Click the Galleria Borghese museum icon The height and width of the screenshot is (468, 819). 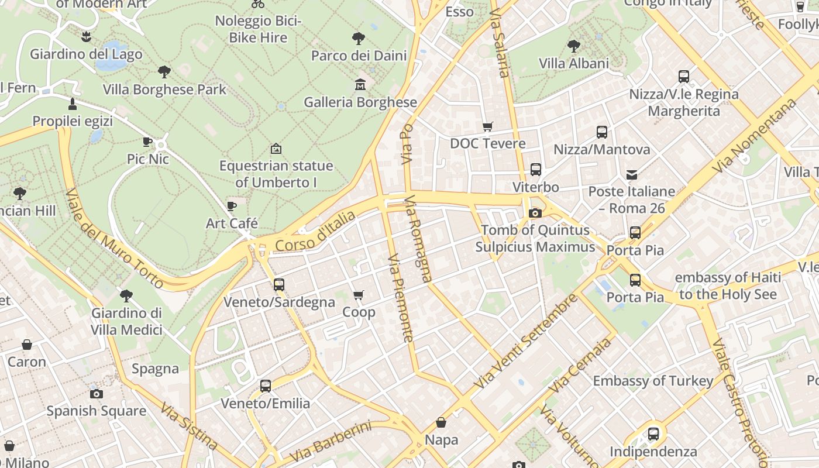coord(360,85)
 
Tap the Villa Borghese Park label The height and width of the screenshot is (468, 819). coord(164,90)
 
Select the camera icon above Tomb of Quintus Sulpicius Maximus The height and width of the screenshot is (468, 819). coord(535,213)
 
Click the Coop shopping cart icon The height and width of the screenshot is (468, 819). coord(359,295)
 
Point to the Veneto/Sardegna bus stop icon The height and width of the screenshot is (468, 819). coord(279,285)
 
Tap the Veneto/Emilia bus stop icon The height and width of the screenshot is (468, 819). coord(266,386)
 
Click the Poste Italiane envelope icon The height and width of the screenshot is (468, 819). coord(632,174)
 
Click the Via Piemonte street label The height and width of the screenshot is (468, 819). coord(401,298)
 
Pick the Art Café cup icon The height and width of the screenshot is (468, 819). coord(232,206)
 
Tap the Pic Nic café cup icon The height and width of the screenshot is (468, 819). coord(147,142)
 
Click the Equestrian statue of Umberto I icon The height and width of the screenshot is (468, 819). coord(276,149)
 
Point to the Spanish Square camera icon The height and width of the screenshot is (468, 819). coord(97,394)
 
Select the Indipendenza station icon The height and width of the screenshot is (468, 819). coord(653,434)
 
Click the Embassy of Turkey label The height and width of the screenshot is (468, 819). coord(653,381)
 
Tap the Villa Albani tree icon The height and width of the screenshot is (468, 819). coord(574,46)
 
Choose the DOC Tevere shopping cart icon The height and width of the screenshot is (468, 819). coord(487,126)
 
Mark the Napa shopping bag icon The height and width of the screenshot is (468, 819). coord(442,422)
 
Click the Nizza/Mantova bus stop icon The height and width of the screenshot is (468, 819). coord(602,132)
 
